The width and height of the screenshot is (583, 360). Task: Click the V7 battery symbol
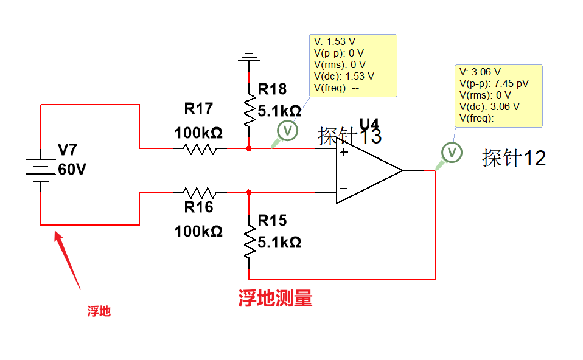tap(41, 165)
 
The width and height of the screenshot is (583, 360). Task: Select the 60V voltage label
tap(72, 170)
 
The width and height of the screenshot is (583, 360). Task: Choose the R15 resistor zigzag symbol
tap(249, 241)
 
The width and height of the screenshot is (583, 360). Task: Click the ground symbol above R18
tap(248, 59)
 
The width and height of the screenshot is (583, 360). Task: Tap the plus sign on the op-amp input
tap(344, 152)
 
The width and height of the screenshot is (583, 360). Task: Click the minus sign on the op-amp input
tap(344, 189)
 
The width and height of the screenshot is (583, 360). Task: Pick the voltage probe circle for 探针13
tap(288, 130)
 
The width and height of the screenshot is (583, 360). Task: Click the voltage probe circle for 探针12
tap(452, 153)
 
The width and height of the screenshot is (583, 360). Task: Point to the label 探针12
tap(514, 158)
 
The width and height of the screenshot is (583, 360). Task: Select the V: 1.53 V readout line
tap(335, 42)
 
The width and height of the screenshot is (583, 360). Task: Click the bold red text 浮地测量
tap(275, 299)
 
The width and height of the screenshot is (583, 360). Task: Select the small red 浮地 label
tap(99, 312)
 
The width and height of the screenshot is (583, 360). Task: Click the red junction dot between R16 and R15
tap(249, 192)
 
